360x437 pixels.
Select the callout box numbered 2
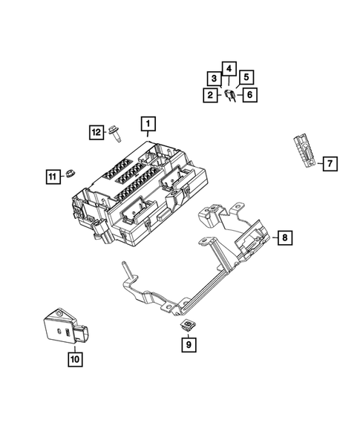(210, 95)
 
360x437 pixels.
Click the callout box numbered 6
(249, 95)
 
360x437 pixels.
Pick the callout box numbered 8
(284, 237)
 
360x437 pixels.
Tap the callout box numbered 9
(189, 344)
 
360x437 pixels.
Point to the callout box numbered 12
(96, 132)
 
